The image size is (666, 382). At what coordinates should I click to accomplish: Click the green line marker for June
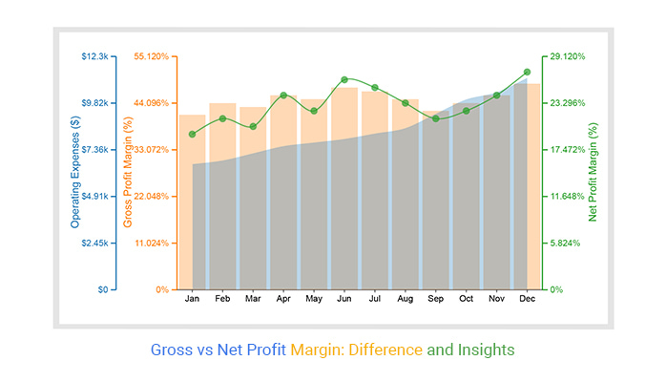click(x=344, y=79)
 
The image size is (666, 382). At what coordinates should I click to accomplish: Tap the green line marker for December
click(x=527, y=72)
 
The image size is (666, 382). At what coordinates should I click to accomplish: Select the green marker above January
click(x=193, y=134)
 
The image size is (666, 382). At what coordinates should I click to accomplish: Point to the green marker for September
click(x=435, y=118)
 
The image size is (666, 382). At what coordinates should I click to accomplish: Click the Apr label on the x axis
click(x=283, y=300)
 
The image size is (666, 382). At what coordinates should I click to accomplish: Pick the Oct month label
click(x=466, y=300)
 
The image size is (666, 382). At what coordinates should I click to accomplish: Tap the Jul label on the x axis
click(x=375, y=300)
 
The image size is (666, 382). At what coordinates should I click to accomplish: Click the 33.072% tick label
click(x=150, y=150)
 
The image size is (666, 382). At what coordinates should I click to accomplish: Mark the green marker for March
click(x=253, y=127)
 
